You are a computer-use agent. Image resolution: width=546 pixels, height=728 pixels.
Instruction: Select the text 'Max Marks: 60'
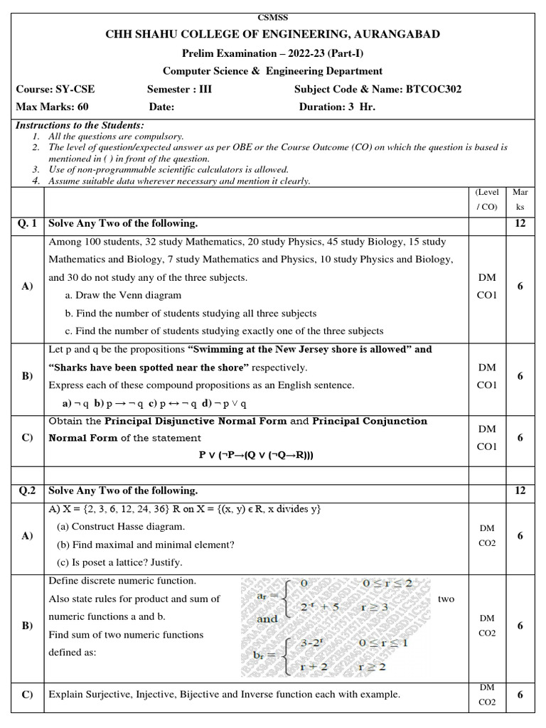tap(48, 107)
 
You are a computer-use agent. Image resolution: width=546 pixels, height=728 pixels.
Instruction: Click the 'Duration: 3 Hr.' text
tap(337, 107)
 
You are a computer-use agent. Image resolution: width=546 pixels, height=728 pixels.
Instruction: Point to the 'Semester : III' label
tap(179, 90)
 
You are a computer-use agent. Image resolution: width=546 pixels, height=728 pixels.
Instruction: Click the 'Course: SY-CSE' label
tap(55, 90)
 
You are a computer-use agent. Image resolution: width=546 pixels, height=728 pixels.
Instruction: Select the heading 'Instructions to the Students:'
tap(80, 125)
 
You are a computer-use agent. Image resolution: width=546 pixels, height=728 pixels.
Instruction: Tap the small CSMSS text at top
tap(272, 17)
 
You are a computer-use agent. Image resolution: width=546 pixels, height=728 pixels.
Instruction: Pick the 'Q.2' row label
tap(26, 491)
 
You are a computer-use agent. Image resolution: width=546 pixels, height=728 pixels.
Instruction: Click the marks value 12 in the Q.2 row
tap(520, 491)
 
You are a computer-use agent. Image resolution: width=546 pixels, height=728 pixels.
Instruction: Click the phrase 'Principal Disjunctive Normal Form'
tap(196, 421)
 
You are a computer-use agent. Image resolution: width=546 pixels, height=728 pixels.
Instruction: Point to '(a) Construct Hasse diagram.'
tap(121, 527)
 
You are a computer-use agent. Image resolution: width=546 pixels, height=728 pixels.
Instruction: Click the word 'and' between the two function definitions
tap(267, 619)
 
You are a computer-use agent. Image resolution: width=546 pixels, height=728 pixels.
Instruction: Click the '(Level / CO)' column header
tap(487, 199)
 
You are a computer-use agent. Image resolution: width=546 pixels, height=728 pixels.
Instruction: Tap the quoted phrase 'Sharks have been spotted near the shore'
tap(149, 368)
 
